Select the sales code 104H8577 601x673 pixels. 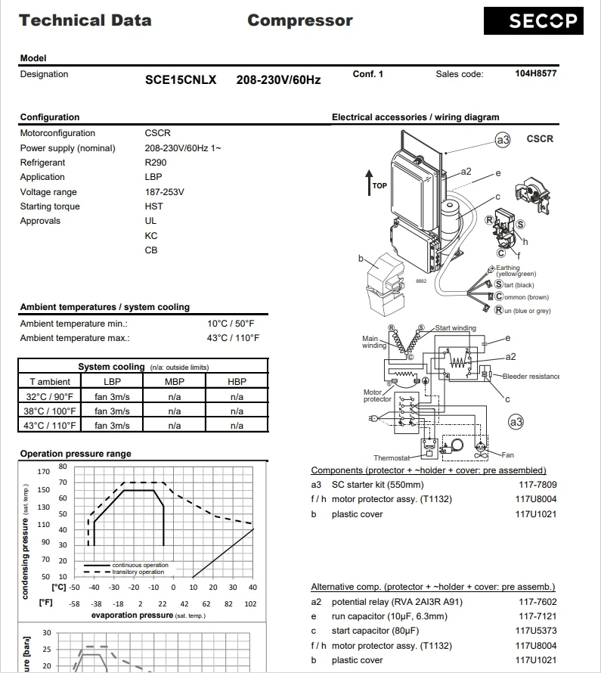click(536, 74)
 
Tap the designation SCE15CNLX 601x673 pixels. click(181, 79)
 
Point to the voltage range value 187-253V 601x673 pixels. click(164, 192)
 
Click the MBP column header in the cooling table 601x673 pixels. click(175, 382)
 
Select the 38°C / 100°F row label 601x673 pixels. click(50, 411)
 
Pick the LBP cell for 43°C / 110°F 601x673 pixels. click(112, 425)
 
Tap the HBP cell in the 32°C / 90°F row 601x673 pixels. click(237, 396)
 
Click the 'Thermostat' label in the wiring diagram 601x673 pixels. click(392, 458)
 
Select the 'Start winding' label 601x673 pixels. click(456, 328)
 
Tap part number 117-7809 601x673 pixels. click(537, 485)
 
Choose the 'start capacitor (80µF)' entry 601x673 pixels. click(375, 631)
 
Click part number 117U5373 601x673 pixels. click(536, 631)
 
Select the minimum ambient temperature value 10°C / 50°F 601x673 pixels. click(233, 324)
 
